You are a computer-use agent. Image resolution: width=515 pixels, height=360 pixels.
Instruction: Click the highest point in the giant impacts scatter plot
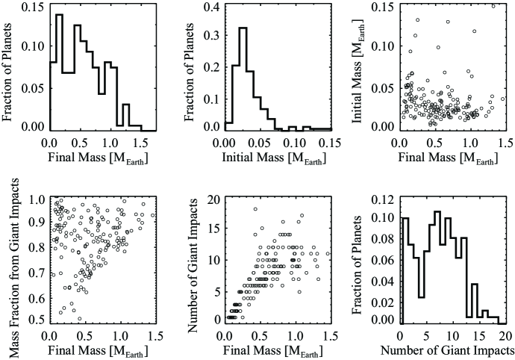coord(255,209)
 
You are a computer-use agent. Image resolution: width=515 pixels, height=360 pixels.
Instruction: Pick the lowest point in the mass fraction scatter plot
coord(79,318)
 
